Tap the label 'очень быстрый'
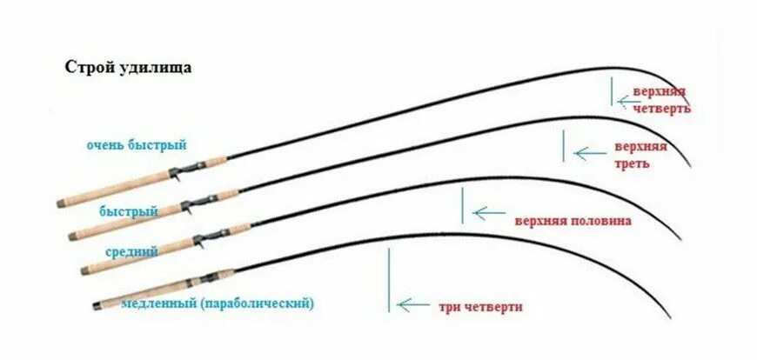click(137, 144)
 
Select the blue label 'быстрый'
click(129, 211)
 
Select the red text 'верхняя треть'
click(640, 154)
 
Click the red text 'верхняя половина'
click(573, 221)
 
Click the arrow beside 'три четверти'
click(412, 305)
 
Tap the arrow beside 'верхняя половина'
click(488, 212)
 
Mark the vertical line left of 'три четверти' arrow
click(390, 278)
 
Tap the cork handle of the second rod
click(122, 219)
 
